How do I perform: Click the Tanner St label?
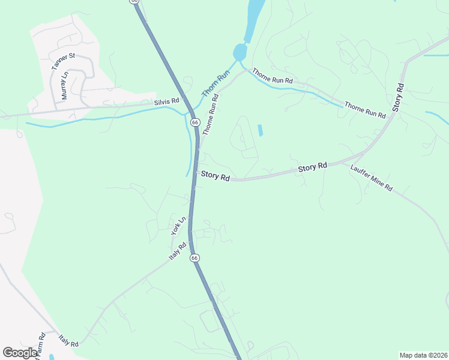(63, 62)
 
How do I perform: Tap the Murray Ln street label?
(65, 86)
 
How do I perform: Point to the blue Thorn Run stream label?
(217, 83)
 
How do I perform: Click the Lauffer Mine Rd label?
(371, 178)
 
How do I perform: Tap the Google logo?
(20, 353)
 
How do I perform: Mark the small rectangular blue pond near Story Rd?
(260, 130)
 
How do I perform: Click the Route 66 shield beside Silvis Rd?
(196, 122)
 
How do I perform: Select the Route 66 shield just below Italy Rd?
(194, 257)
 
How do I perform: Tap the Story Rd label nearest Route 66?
(215, 176)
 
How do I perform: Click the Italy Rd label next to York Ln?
(179, 251)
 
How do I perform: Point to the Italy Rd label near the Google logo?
(69, 341)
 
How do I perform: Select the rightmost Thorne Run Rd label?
(364, 110)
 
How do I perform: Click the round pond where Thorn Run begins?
(240, 52)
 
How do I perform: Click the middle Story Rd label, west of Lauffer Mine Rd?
(313, 168)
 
